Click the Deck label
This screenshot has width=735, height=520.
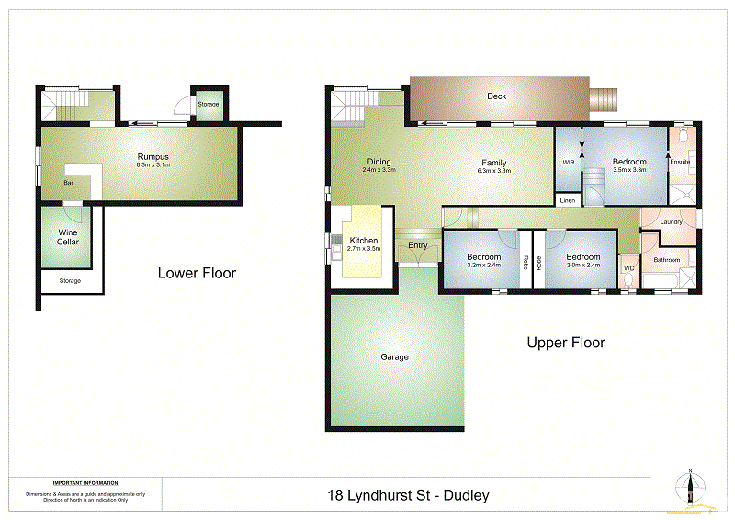click(x=496, y=96)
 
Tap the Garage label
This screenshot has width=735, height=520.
click(x=395, y=357)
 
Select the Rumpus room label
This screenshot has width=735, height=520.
click(x=153, y=157)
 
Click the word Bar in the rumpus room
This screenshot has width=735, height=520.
click(x=68, y=183)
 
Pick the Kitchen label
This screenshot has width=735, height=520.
click(x=364, y=241)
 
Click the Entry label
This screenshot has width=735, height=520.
click(x=418, y=245)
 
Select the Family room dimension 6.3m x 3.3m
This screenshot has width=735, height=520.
click(x=493, y=171)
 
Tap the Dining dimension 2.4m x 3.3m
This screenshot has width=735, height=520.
click(x=378, y=170)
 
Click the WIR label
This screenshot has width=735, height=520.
click(x=568, y=163)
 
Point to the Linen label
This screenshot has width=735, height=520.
click(x=567, y=200)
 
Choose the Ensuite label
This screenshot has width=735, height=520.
click(x=680, y=163)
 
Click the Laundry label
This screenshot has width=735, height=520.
click(x=671, y=221)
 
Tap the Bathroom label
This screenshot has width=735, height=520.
click(x=667, y=260)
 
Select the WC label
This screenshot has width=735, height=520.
click(x=628, y=268)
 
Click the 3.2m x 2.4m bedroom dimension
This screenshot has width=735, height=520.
click(x=483, y=265)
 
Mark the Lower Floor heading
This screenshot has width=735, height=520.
click(x=197, y=273)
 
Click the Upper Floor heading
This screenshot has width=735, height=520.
click(x=566, y=343)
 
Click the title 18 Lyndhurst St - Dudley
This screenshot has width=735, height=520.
click(x=408, y=495)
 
